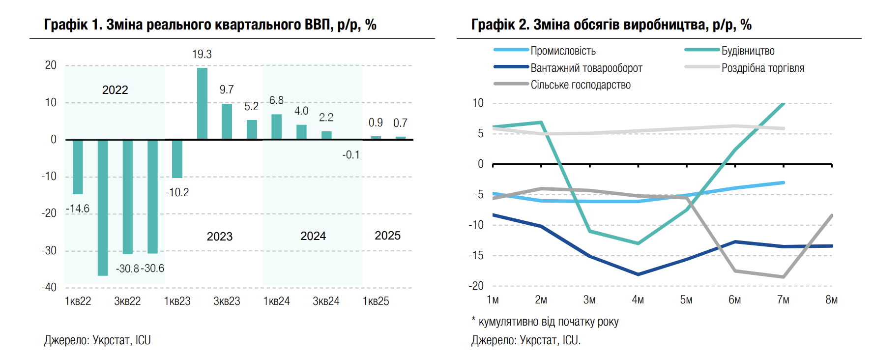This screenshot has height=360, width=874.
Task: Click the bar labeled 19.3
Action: click(x=202, y=103)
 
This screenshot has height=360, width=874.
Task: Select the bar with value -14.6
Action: click(x=78, y=167)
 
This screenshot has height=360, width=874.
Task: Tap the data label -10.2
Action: click(x=177, y=192)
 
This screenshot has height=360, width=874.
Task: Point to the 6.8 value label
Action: click(x=276, y=100)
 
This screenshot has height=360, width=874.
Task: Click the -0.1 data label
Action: click(x=351, y=155)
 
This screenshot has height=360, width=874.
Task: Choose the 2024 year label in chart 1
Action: click(x=313, y=236)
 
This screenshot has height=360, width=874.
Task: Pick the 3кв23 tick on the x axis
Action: click(x=227, y=301)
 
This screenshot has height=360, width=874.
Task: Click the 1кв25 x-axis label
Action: click(x=376, y=301)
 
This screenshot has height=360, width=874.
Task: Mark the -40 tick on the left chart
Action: click(x=49, y=287)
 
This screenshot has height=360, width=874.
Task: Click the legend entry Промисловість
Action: click(x=563, y=51)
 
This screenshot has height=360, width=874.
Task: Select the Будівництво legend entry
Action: click(x=748, y=51)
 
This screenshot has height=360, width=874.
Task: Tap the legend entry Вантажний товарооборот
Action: click(x=586, y=68)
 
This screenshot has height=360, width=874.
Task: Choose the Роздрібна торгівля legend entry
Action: click(x=762, y=68)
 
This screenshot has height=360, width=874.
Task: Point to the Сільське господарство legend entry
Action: click(x=580, y=85)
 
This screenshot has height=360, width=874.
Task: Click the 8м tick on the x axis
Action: click(x=831, y=300)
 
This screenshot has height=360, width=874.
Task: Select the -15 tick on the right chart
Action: click(x=476, y=255)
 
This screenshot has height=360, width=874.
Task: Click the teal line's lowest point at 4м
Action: click(x=638, y=243)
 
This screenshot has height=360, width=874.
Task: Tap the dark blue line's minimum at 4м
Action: click(x=638, y=274)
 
